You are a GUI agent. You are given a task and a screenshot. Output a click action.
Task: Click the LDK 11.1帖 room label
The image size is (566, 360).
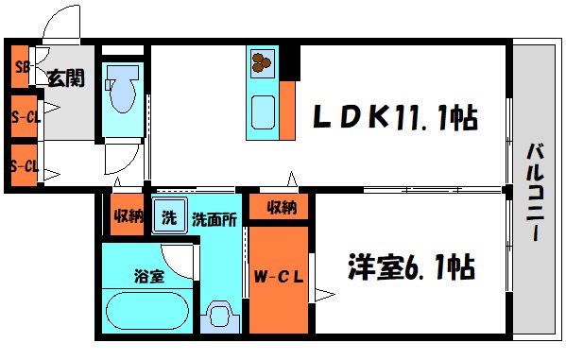point(395,117)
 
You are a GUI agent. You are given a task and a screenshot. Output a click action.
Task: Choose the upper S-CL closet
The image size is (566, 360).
point(22,117)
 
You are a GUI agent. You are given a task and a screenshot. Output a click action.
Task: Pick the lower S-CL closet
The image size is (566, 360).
point(22,166)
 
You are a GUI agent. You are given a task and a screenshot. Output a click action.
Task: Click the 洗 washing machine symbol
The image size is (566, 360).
point(169,216)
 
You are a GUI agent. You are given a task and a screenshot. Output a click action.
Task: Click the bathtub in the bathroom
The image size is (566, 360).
point(147,309)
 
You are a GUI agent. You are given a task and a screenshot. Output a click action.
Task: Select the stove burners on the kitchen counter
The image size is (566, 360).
point(261,63)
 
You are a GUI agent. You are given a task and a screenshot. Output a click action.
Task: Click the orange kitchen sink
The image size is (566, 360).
point(262,111)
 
